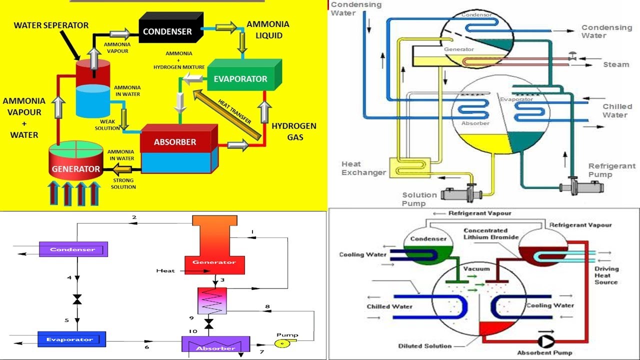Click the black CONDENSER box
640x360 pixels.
coord(167,31)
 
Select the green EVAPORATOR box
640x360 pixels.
coord(240,78)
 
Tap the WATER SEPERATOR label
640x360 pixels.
coord(51,25)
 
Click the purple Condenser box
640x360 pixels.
coord(73,249)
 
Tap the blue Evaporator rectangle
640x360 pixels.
coord(71,339)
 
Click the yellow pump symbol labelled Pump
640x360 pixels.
coord(281,344)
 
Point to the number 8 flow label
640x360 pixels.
coord(267,306)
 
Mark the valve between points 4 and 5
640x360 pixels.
coord(77,299)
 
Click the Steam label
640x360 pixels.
coord(616,64)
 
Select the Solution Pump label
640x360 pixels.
coord(419,199)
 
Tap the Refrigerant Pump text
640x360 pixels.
coord(611,170)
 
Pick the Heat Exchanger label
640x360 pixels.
coord(363,168)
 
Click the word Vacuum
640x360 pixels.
coord(476,268)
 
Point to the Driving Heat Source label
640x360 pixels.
coord(606,275)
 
